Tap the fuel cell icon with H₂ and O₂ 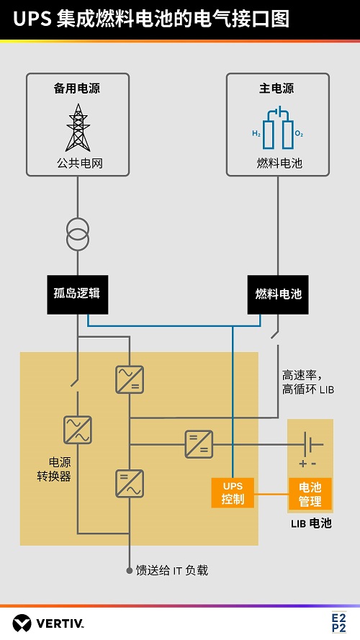pyautogui.click(x=277, y=130)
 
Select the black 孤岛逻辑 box pyautogui.click(x=77, y=294)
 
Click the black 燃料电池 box pyautogui.click(x=278, y=294)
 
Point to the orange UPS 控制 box pyautogui.click(x=233, y=492)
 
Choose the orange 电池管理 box pyautogui.click(x=310, y=493)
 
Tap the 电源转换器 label pyautogui.click(x=54, y=469)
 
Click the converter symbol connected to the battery pyautogui.click(x=197, y=443)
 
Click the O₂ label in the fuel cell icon pyautogui.click(x=299, y=135)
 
